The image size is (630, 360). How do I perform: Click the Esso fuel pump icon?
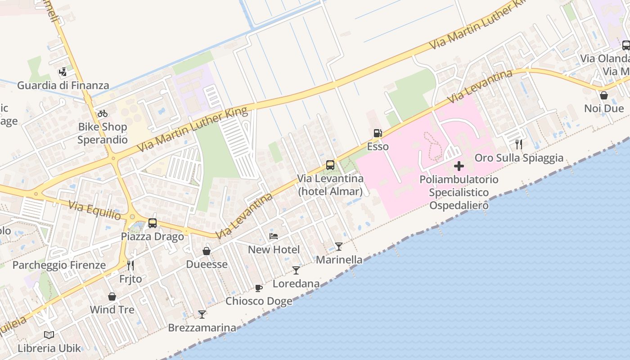pos(378,133)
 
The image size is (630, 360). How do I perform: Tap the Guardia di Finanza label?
pos(63,85)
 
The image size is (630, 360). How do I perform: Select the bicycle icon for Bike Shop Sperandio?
pos(103,113)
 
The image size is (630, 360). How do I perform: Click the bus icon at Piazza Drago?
pos(153,223)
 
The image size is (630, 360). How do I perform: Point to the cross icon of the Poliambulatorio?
pos(459,166)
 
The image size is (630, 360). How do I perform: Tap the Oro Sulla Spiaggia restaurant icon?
pos(519,144)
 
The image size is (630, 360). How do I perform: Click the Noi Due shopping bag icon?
pos(604,95)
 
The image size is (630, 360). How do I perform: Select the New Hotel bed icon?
pos(274,236)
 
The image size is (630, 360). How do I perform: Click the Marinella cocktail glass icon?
pos(339,247)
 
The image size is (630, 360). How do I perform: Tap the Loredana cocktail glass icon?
pos(296,270)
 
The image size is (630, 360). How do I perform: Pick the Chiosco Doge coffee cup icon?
pos(259,288)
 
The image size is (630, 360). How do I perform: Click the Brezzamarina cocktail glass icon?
pos(202,314)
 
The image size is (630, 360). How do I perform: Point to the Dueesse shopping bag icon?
pos(207,251)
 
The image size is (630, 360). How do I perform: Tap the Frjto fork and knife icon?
pos(130,265)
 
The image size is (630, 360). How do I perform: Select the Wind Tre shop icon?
pos(112,297)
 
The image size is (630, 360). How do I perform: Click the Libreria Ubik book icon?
pos(49,335)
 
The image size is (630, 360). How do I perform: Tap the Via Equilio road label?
pos(94,211)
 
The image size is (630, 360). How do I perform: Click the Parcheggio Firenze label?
pos(59,265)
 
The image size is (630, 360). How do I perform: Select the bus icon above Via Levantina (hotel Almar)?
pos(330,165)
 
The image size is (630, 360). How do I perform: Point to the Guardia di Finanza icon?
pos(63,72)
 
